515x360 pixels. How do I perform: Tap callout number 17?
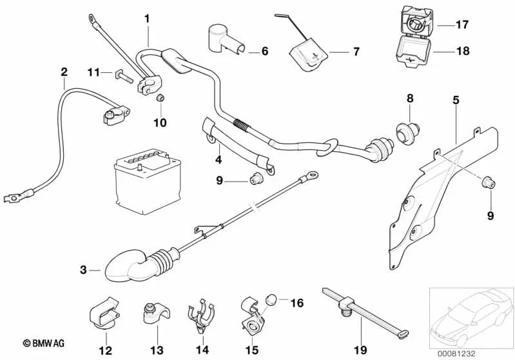(462, 26)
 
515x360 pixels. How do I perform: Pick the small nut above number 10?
(161, 98)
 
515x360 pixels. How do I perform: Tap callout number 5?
(456, 100)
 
